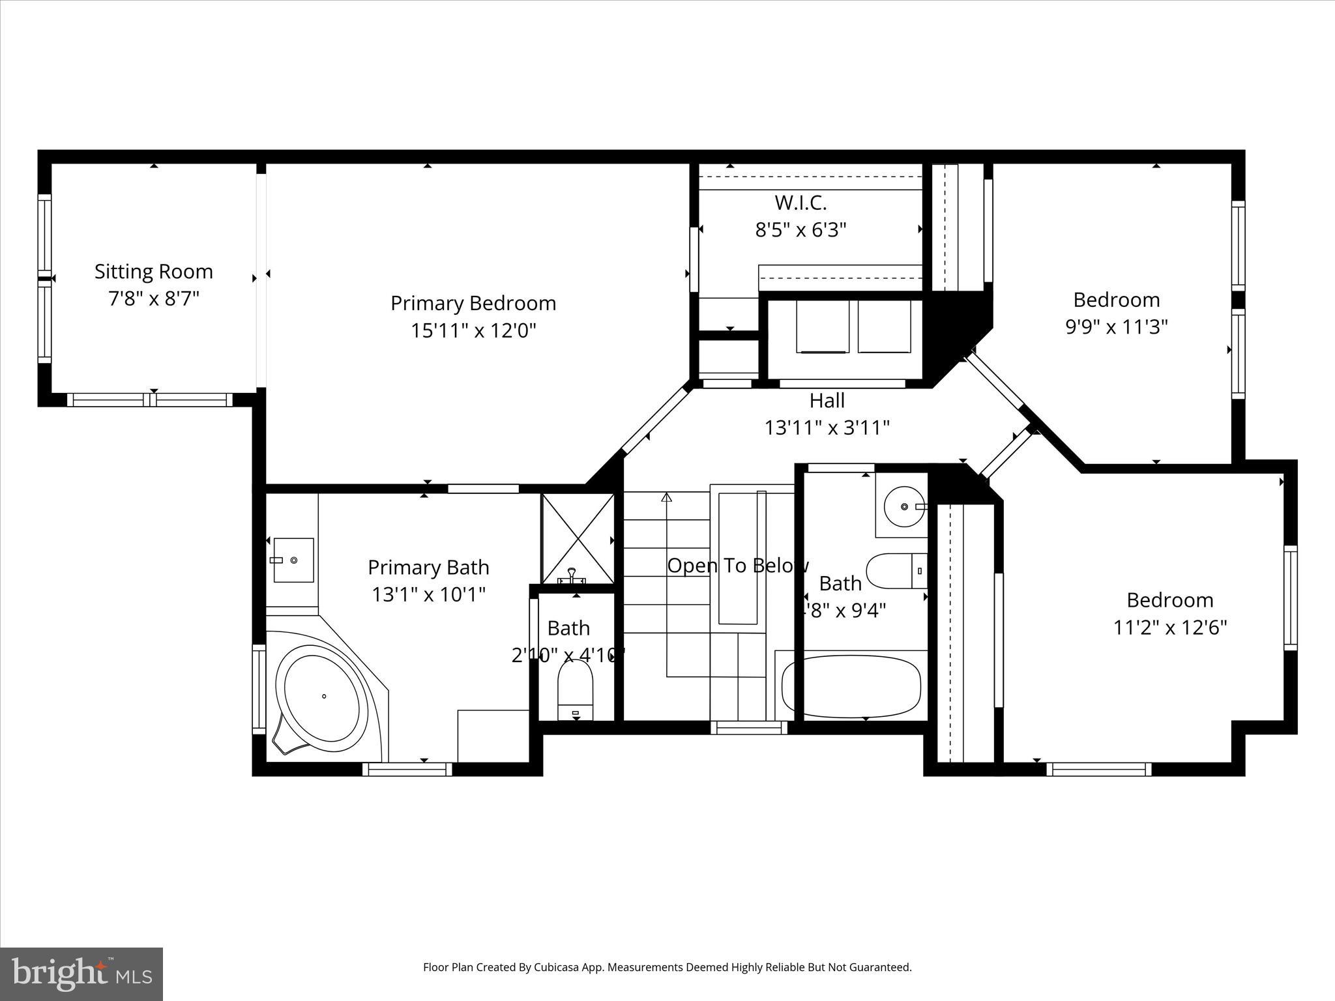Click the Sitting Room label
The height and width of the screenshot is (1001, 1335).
(153, 271)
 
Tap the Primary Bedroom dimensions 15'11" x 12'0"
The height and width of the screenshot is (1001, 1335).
(473, 330)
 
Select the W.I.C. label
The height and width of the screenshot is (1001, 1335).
(800, 203)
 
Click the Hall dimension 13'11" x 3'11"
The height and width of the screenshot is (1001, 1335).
(827, 428)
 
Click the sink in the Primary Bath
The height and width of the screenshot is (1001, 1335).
(293, 560)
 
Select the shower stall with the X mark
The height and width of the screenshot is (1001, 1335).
(578, 538)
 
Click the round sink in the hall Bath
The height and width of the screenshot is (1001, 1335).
(904, 506)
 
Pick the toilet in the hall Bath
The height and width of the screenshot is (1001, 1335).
(896, 570)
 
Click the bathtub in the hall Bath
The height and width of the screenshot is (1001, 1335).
(851, 684)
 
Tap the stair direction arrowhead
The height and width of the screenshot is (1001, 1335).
(666, 497)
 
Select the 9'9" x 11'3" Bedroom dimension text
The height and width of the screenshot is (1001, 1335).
(1116, 326)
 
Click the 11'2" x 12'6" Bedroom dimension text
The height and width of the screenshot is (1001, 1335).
(1169, 628)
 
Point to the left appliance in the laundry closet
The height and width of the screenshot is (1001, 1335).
(822, 326)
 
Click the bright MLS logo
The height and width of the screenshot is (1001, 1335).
(81, 974)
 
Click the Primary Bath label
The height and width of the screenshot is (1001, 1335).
(428, 567)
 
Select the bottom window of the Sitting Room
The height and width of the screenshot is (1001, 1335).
(150, 399)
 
